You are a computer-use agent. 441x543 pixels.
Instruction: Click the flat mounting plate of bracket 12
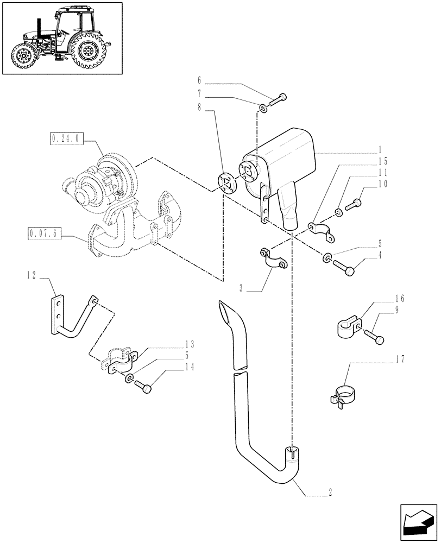coord(58,314)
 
